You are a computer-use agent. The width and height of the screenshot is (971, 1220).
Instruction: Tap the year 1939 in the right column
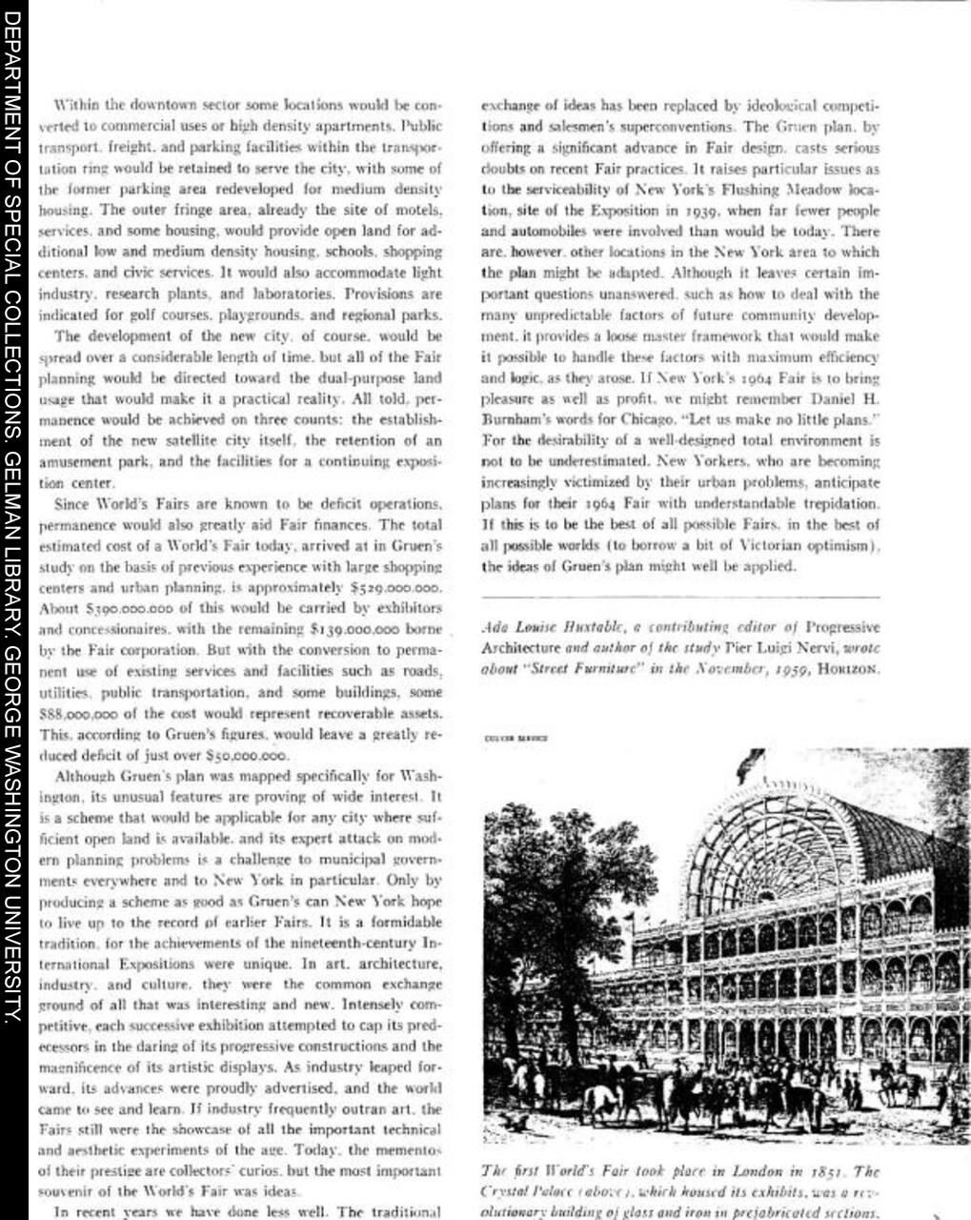(707, 212)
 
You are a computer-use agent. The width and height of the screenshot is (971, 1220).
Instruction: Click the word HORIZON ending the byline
(849, 670)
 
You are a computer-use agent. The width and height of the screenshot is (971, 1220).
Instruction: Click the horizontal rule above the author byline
(680, 597)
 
